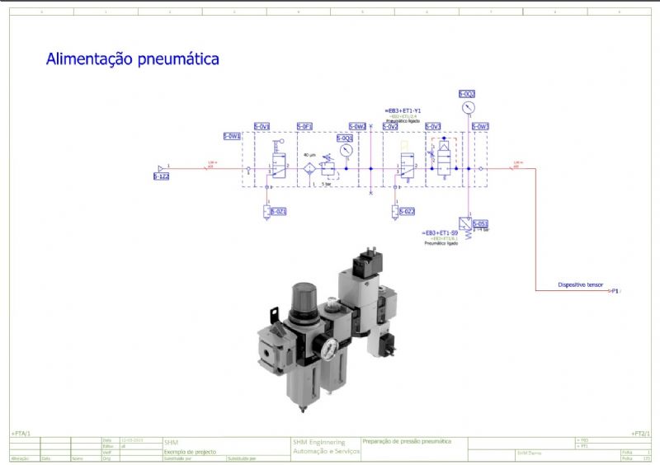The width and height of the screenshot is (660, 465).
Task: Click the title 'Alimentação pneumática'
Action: click(133, 59)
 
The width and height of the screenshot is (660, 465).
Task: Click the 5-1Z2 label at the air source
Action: click(162, 176)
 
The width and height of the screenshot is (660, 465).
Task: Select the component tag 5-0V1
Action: click(262, 126)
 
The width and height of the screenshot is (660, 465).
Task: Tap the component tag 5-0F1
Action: click(304, 126)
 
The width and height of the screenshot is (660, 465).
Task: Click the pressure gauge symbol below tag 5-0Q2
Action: click(468, 108)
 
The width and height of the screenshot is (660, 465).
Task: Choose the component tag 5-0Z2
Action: click(406, 212)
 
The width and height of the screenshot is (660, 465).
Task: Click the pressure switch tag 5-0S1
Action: click(481, 223)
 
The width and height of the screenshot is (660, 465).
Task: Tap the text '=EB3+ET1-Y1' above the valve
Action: click(403, 110)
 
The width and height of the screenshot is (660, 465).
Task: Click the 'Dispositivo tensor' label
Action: click(581, 285)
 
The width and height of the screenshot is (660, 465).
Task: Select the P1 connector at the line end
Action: click(615, 291)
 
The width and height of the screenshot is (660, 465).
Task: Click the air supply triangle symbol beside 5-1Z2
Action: click(161, 168)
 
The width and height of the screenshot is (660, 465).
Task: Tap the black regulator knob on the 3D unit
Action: click(301, 295)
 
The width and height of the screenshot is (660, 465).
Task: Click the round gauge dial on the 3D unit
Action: click(329, 349)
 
